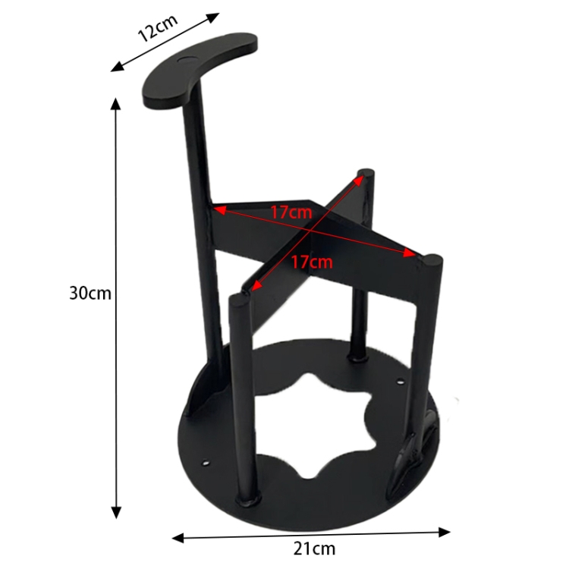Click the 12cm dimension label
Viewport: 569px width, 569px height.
[x=158, y=27]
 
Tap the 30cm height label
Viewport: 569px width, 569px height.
[x=90, y=293]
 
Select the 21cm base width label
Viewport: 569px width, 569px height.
[x=314, y=549]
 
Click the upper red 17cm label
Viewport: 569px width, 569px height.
[x=291, y=212]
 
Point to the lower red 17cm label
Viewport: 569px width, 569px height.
[x=312, y=262]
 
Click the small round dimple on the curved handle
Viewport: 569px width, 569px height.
[x=186, y=59]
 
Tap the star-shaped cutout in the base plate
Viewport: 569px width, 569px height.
[x=311, y=425]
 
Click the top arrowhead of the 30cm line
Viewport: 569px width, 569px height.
[x=115, y=104]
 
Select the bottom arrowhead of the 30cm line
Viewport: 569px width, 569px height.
[x=116, y=513]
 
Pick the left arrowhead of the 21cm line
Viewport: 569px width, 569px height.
[x=178, y=538]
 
